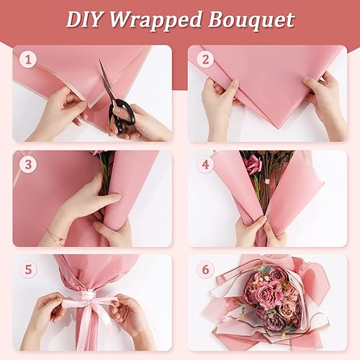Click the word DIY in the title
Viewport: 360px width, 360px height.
point(86,19)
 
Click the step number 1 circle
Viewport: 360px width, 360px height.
point(28,59)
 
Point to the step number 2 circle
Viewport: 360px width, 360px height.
point(205,59)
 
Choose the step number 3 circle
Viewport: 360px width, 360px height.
point(28,163)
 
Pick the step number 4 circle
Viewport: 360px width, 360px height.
point(206,163)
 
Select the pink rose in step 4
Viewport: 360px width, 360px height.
point(253,165)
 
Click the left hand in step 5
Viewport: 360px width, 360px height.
point(50,317)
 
